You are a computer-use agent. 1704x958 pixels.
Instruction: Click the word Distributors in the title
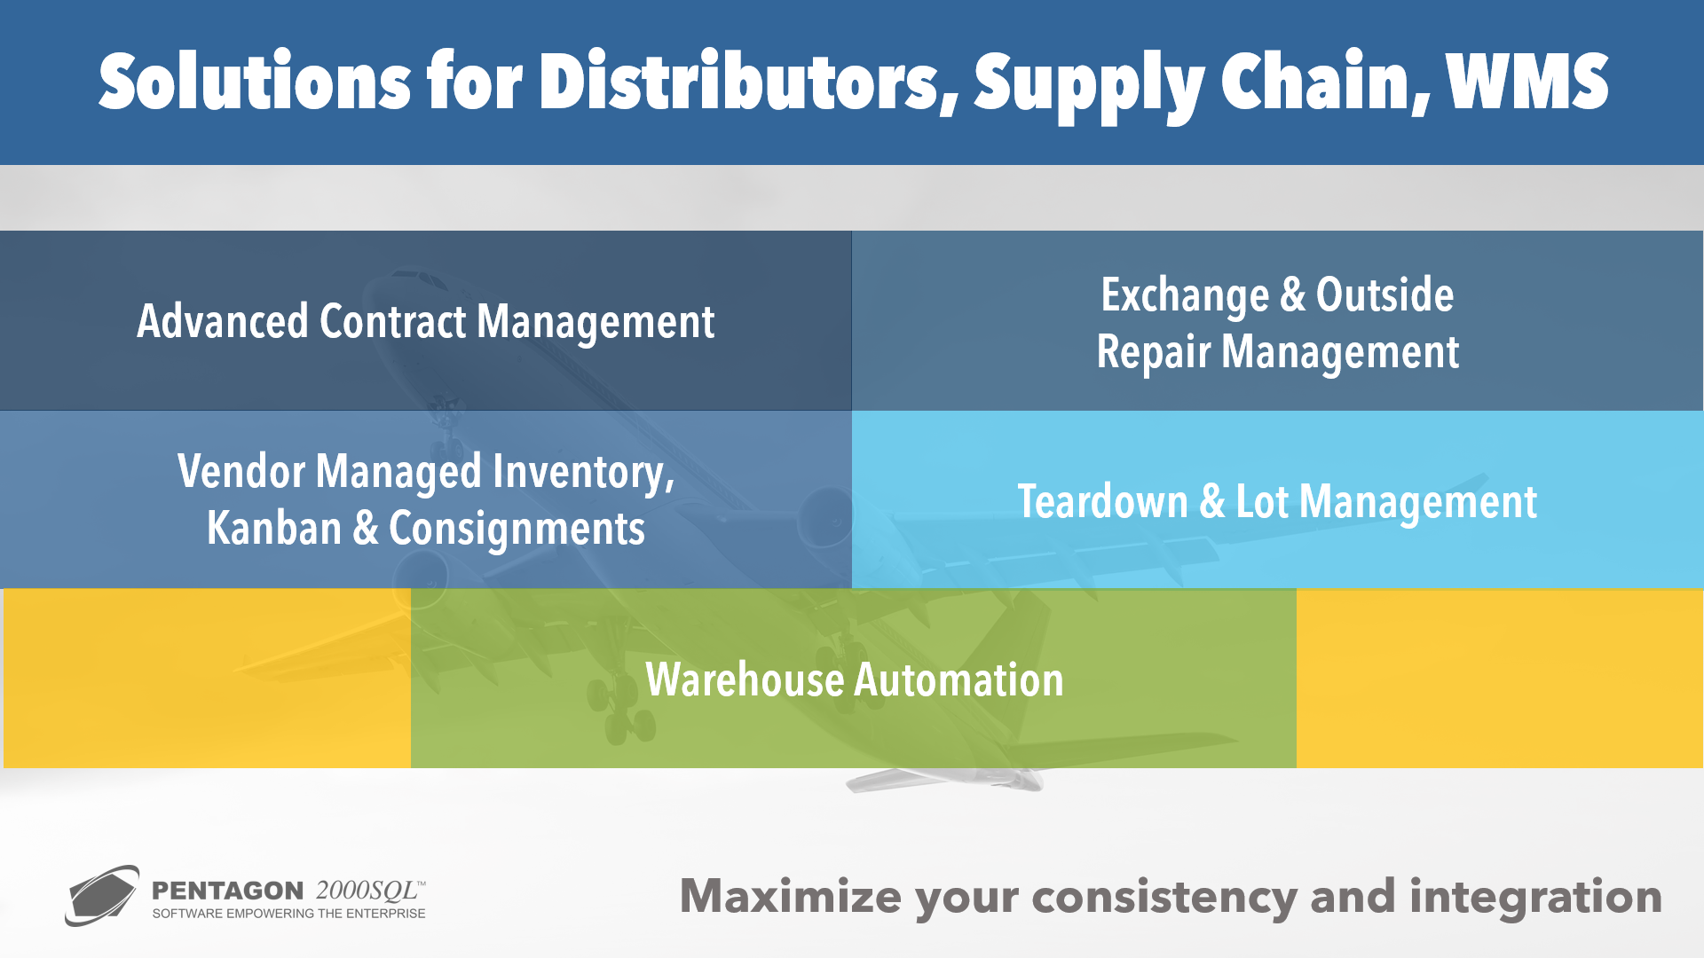[749, 82]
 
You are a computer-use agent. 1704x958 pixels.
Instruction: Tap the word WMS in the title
[1527, 82]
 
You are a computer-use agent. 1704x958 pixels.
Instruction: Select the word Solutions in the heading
[255, 82]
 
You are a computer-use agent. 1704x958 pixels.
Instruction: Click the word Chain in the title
[1325, 82]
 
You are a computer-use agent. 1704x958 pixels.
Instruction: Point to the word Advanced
[223, 321]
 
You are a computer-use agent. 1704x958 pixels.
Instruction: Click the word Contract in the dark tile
[393, 321]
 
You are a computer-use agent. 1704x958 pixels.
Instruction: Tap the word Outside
[1384, 294]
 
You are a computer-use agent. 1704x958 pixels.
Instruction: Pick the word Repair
[1154, 353]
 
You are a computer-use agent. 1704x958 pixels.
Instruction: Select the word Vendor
[241, 471]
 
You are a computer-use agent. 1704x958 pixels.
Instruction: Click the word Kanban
[274, 529]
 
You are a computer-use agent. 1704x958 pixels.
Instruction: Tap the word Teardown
[1102, 502]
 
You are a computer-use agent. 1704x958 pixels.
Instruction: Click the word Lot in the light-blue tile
[1262, 502]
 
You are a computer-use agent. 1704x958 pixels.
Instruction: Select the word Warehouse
[745, 680]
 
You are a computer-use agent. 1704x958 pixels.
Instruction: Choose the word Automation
[958, 680]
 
